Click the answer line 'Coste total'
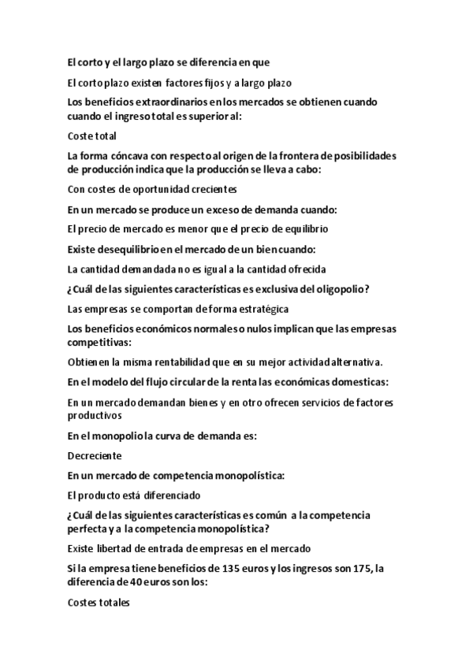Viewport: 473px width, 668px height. pyautogui.click(x=92, y=136)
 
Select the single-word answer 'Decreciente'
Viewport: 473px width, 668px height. pyautogui.click(x=95, y=455)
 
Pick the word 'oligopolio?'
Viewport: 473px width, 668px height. pyautogui.click(x=341, y=289)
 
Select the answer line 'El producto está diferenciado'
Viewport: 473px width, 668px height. pyautogui.click(x=134, y=495)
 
